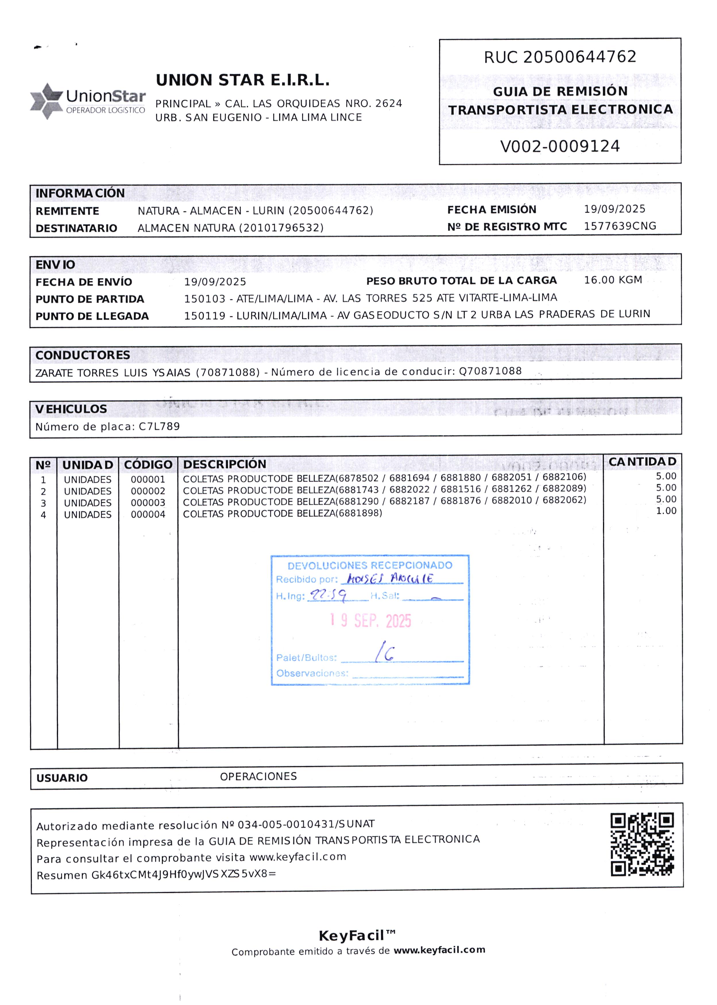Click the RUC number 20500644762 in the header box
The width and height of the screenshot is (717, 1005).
click(579, 57)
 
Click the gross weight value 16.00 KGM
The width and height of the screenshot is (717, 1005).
click(613, 280)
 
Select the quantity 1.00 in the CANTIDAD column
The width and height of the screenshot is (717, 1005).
click(666, 511)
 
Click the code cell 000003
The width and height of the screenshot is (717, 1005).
click(148, 503)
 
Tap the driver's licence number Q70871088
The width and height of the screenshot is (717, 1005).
click(490, 371)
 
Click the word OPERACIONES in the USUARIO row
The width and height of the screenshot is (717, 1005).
click(258, 776)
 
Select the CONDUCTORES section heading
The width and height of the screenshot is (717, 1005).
click(83, 355)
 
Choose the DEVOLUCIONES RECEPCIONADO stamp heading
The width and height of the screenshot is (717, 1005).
click(370, 565)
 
